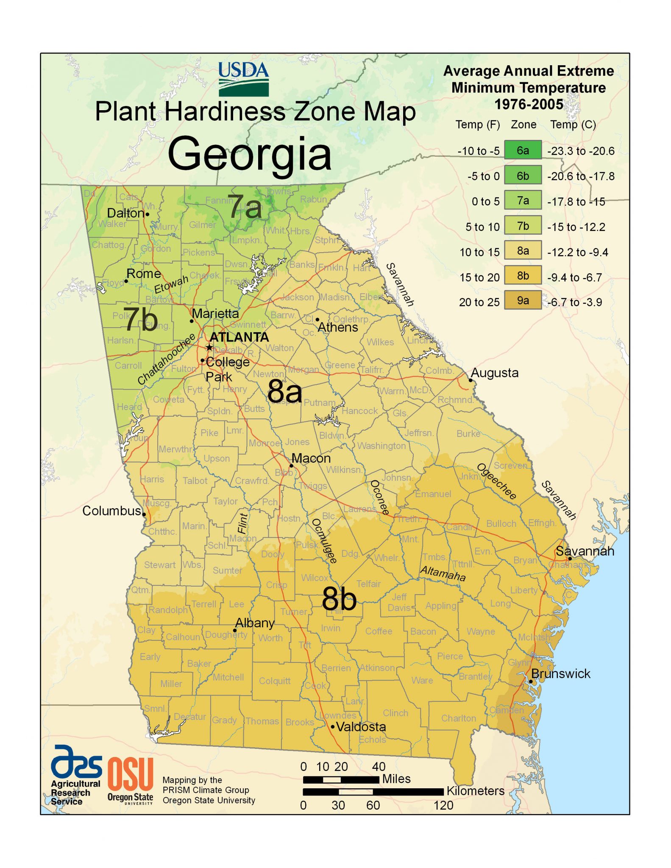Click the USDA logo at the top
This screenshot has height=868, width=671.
(x=244, y=79)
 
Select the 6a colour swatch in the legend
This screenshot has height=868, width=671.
(x=523, y=150)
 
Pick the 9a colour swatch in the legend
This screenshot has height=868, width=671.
(x=523, y=300)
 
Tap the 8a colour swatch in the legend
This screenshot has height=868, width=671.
(x=523, y=250)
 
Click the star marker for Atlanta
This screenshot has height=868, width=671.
(x=209, y=348)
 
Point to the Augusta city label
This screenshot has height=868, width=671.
(x=495, y=373)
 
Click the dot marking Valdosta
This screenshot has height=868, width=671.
(x=333, y=726)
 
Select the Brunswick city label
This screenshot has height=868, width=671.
(x=560, y=673)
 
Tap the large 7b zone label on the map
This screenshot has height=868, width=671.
(x=140, y=320)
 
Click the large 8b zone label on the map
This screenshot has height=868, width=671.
(x=339, y=599)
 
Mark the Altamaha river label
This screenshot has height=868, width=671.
(x=443, y=573)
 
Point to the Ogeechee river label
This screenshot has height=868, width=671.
(x=497, y=481)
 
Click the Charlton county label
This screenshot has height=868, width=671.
(x=458, y=718)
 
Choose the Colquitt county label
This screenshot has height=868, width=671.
(x=275, y=681)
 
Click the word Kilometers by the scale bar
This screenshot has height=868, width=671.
(x=475, y=791)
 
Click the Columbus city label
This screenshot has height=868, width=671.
(x=111, y=511)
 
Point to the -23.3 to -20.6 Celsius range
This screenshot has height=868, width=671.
(x=580, y=151)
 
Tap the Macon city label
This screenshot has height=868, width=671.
(x=311, y=458)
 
